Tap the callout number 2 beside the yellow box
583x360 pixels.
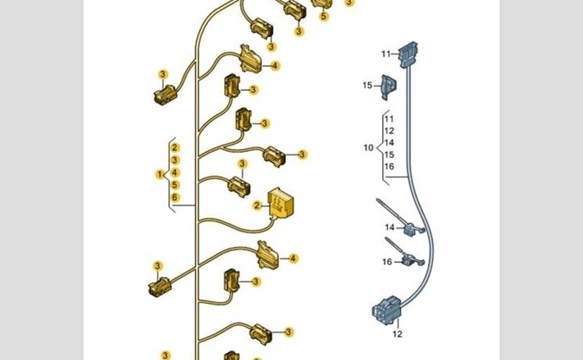pyautogui.click(x=256, y=205)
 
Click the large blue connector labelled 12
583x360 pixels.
pyautogui.click(x=387, y=312)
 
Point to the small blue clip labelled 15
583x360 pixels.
pyautogui.click(x=387, y=86)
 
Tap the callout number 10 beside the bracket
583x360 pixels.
pyautogui.click(x=369, y=148)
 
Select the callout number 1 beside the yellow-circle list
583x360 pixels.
pyautogui.click(x=160, y=174)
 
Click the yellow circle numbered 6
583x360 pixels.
pyautogui.click(x=176, y=197)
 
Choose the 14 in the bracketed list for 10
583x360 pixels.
pyautogui.click(x=389, y=143)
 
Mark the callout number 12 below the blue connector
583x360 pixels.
pyautogui.click(x=397, y=334)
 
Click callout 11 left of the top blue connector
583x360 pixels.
pyautogui.click(x=386, y=54)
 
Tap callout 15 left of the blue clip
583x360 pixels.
pyautogui.click(x=368, y=86)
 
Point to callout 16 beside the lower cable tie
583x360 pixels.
pyautogui.click(x=387, y=262)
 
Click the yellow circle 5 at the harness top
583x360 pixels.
pyautogui.click(x=324, y=17)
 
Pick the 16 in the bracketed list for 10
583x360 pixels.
pyautogui.click(x=389, y=166)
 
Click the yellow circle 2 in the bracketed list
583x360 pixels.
pyautogui.click(x=176, y=148)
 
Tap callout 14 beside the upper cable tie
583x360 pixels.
pyautogui.click(x=389, y=228)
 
